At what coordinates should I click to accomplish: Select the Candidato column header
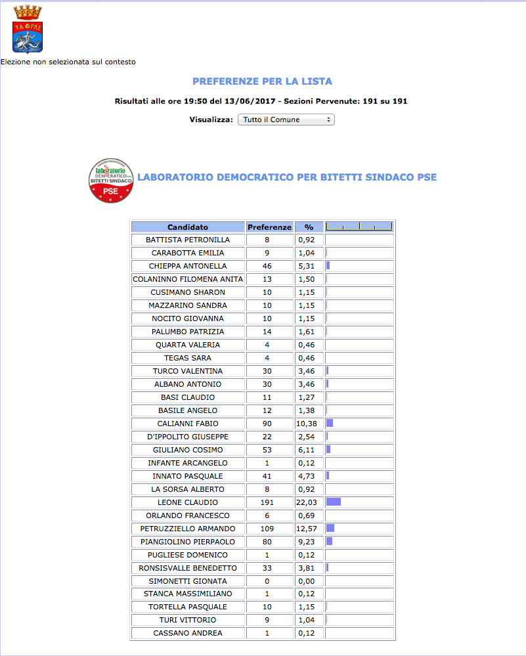coord(188,227)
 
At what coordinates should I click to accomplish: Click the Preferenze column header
coord(269,227)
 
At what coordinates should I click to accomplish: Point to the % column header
coord(309,227)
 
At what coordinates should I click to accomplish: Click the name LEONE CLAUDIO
coord(188,502)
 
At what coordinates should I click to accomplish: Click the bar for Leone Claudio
coord(334,502)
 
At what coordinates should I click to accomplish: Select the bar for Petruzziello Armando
coord(331,529)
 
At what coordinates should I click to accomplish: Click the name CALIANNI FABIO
coord(188,424)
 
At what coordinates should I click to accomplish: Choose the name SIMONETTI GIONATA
coord(188,581)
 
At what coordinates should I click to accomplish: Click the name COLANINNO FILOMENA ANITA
coord(188,279)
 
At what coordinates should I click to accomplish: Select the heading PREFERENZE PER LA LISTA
coord(262,81)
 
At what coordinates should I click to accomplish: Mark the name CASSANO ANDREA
coord(188,633)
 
